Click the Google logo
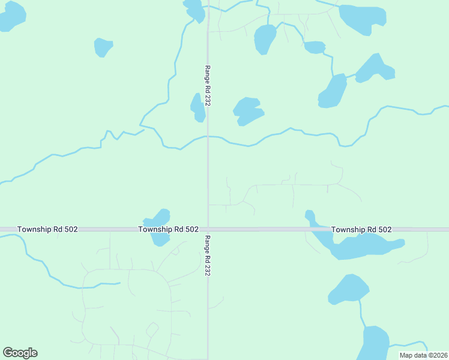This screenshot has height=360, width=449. pyautogui.click(x=20, y=353)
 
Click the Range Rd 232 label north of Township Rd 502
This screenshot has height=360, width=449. pyautogui.click(x=208, y=86)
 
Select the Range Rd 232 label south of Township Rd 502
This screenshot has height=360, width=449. pyautogui.click(x=208, y=255)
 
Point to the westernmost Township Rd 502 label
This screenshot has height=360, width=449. pyautogui.click(x=47, y=229)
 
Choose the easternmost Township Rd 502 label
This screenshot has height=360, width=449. pyautogui.click(x=361, y=229)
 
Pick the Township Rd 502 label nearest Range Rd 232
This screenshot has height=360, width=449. pyautogui.click(x=168, y=229)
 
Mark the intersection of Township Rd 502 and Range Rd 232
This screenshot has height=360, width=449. pyautogui.click(x=208, y=229)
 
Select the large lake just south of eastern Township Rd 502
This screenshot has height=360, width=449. pyautogui.click(x=360, y=246)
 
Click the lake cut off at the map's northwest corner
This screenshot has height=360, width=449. pyautogui.click(x=12, y=15)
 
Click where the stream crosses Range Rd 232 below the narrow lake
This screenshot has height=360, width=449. pyautogui.click(x=208, y=136)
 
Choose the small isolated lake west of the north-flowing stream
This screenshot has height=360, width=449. pyautogui.click(x=103, y=47)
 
